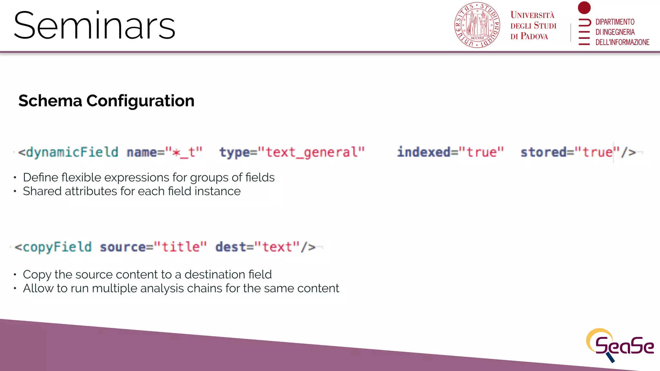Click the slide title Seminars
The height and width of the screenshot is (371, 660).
[94, 26]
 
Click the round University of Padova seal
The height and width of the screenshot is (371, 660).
[477, 25]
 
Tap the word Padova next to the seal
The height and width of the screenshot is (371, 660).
[534, 36]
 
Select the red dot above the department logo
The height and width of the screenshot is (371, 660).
[584, 7]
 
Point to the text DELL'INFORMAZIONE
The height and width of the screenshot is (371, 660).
[622, 42]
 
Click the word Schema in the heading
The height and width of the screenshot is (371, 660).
[50, 101]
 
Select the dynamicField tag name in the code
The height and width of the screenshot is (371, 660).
[72, 152]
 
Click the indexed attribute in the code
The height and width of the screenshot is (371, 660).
[423, 152]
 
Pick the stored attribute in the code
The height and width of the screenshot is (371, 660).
[543, 152]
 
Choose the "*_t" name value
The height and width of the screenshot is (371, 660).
[184, 152]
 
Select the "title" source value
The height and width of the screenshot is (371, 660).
[180, 247]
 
